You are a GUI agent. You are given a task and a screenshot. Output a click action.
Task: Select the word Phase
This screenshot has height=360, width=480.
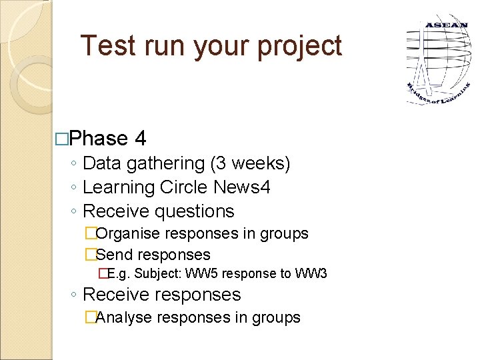(98, 139)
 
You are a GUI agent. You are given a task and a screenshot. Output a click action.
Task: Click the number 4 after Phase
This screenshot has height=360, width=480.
(140, 139)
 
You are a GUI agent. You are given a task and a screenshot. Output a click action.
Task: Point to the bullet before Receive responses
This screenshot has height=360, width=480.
(74, 295)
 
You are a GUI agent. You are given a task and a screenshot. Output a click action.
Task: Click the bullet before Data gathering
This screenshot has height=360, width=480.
(74, 164)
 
